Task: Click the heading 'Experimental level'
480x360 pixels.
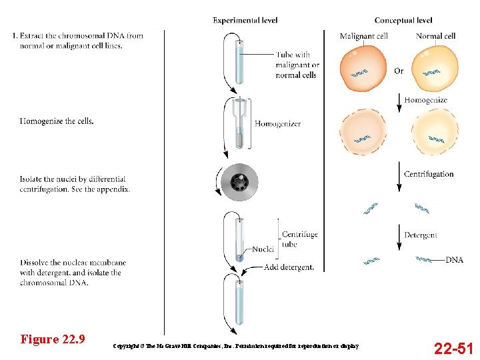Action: click(245, 21)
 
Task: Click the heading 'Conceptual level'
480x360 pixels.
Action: click(403, 21)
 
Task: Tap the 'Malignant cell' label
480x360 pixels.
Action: click(363, 36)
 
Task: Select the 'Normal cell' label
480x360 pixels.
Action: click(435, 36)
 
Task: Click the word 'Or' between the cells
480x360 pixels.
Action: click(399, 71)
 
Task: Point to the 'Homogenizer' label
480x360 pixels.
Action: click(277, 123)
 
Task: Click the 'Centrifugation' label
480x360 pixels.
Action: click(429, 174)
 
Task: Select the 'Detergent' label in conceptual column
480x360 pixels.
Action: click(421, 235)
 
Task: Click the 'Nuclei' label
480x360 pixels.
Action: click(263, 249)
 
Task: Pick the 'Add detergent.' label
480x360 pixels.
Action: click(289, 267)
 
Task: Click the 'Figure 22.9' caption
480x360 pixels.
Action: click(53, 339)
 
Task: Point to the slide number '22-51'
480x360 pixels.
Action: click(453, 347)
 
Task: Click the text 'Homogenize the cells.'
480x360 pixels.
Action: click(57, 121)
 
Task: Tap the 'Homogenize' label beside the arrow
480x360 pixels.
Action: click(425, 100)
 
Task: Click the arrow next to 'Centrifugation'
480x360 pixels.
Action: click(399, 174)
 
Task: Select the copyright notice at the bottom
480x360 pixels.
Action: click(236, 346)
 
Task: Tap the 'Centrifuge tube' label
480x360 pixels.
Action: click(299, 239)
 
